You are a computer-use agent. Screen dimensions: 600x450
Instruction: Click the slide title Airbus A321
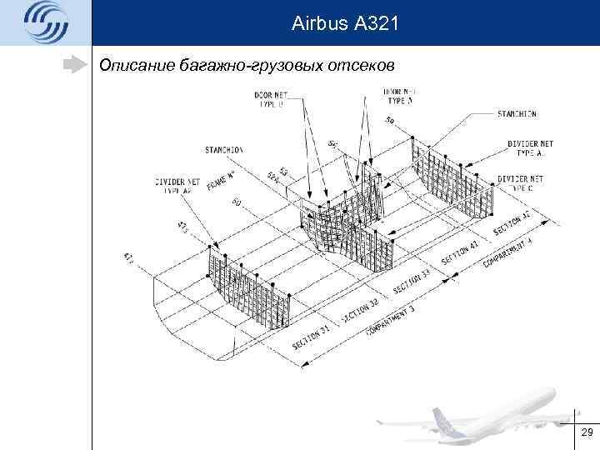click(345, 25)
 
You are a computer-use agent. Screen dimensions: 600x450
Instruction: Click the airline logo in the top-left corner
click(46, 23)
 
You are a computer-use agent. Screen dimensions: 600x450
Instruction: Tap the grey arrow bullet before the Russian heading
click(77, 63)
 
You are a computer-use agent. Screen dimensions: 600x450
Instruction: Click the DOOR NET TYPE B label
click(270, 98)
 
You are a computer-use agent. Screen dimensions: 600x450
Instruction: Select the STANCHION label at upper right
click(517, 113)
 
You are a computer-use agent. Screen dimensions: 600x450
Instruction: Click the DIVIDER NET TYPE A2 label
click(177, 185)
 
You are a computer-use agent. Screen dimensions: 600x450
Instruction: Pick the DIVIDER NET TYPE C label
click(520, 183)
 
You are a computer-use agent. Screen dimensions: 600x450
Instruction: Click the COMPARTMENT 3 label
click(388, 321)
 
